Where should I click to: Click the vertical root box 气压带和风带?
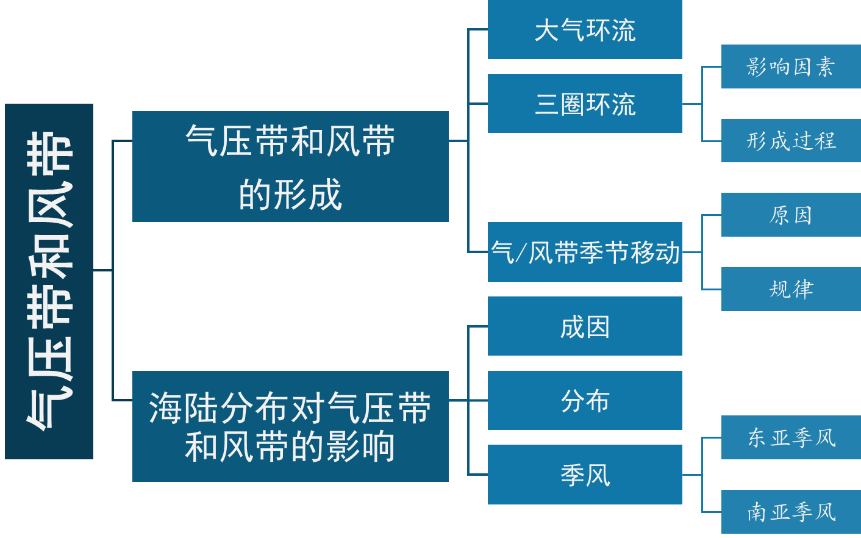coord(49,281)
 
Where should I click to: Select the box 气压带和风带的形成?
coord(290,166)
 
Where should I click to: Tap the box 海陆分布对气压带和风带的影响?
coord(290,426)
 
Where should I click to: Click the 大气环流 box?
coord(585,30)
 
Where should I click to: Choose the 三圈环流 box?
coord(585,104)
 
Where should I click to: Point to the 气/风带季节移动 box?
coord(585,252)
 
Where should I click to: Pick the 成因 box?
coord(585,326)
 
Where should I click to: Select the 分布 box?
coord(585,400)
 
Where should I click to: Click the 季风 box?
coord(585,475)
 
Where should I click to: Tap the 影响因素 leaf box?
coord(791,66)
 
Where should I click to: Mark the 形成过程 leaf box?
coord(791,141)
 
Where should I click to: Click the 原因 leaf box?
coord(791,215)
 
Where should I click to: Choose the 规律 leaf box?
coord(791,289)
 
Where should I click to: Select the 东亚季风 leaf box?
coord(791,437)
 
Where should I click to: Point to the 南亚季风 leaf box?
coord(791,512)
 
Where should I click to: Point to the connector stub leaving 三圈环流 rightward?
coord(691,104)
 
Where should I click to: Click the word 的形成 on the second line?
coord(290,195)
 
